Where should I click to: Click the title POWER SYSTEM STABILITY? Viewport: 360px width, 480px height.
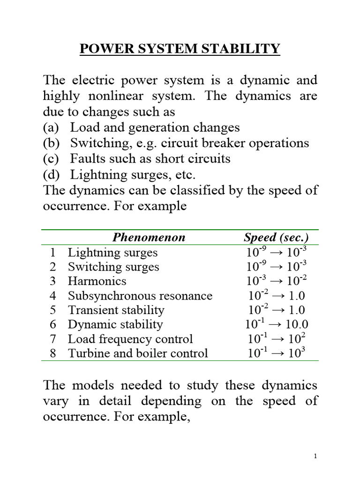pos(180,49)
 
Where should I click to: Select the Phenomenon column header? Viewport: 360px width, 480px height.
pos(149,238)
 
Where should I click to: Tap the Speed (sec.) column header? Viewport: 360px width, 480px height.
pos(276,238)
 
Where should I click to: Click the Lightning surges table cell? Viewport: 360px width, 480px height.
pos(112,253)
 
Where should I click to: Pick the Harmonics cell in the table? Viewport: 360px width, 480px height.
pos(97,281)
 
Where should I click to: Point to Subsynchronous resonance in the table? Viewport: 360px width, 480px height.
pos(140,296)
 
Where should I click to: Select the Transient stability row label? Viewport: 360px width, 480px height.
pos(116,310)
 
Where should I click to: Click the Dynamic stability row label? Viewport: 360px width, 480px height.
pos(115,324)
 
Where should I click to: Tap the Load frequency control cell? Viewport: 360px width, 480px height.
pos(130,339)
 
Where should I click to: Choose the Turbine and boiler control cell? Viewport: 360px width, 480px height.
pos(137,353)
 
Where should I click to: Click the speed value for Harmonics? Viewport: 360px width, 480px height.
pos(276,281)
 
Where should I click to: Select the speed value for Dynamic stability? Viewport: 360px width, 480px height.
pos(276,324)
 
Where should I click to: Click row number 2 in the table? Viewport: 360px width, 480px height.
pos(52,267)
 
